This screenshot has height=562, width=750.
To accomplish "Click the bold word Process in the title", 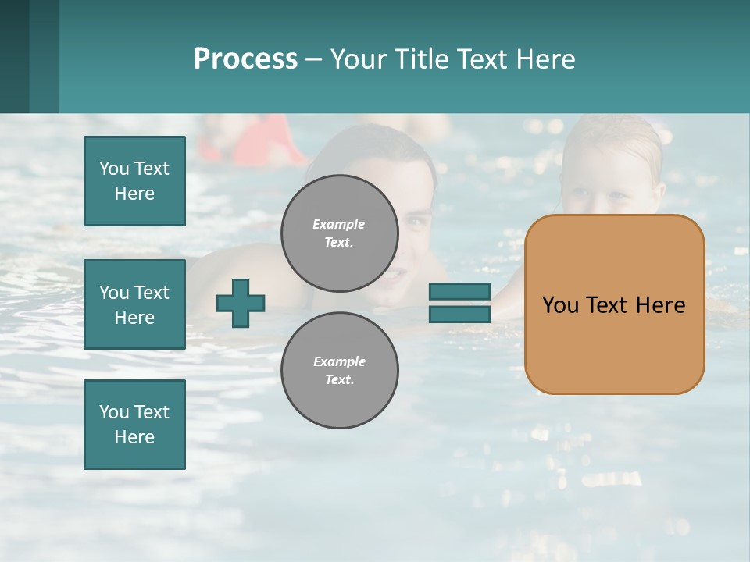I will (245, 59).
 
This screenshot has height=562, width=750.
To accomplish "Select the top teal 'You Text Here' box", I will (134, 181).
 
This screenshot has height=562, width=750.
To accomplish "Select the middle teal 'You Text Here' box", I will (134, 304).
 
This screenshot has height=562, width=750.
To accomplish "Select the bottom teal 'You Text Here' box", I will (134, 424).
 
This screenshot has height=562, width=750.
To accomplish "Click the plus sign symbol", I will (240, 303).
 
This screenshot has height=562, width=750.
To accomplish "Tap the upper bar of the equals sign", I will (459, 291).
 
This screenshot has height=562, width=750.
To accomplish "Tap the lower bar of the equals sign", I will (459, 314).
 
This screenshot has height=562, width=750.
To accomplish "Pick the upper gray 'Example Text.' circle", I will (339, 233).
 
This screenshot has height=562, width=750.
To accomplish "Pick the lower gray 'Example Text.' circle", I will (339, 370).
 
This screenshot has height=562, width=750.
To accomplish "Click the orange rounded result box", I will (614, 343).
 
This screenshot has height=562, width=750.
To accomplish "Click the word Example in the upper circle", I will (338, 224).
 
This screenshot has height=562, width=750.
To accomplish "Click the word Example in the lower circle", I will (339, 361).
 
